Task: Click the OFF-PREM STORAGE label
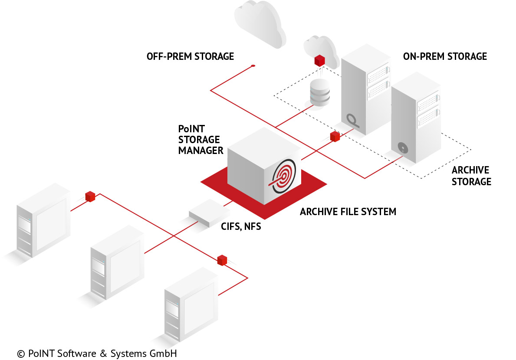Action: click(x=190, y=56)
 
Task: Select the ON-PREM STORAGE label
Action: click(x=445, y=56)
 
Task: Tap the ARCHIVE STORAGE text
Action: click(x=471, y=176)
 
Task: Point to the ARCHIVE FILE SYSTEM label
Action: click(x=348, y=212)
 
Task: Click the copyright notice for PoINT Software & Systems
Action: click(x=97, y=353)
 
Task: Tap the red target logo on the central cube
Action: click(x=283, y=177)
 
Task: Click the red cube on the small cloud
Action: click(x=320, y=60)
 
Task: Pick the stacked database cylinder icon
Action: click(x=320, y=92)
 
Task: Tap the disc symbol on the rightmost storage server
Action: click(x=404, y=149)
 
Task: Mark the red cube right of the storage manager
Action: click(x=335, y=137)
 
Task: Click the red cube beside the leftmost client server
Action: click(x=90, y=196)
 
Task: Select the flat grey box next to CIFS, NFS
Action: click(x=209, y=213)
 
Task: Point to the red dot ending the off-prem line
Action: click(x=253, y=66)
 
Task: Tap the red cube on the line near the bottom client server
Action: click(x=222, y=260)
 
